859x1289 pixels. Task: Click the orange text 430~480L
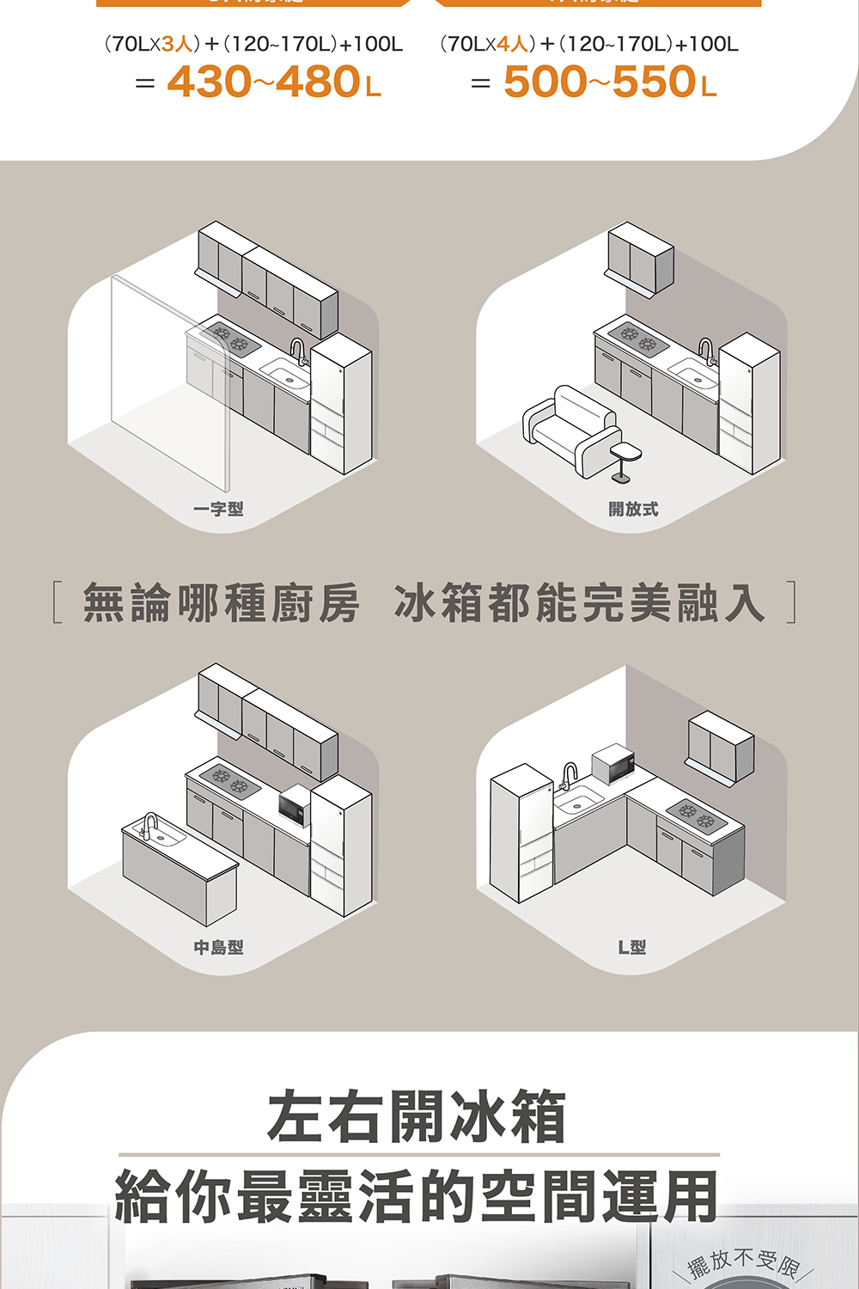(273, 82)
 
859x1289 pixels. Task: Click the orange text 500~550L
(609, 82)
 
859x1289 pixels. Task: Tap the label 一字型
(218, 509)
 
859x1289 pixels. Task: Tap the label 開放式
(633, 509)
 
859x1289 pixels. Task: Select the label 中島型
(218, 947)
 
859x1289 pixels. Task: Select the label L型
(632, 947)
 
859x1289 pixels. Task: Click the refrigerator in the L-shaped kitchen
(521, 832)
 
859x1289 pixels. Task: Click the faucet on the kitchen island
(150, 826)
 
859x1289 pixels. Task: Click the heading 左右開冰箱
(417, 1116)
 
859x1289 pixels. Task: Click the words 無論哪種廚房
(221, 602)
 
